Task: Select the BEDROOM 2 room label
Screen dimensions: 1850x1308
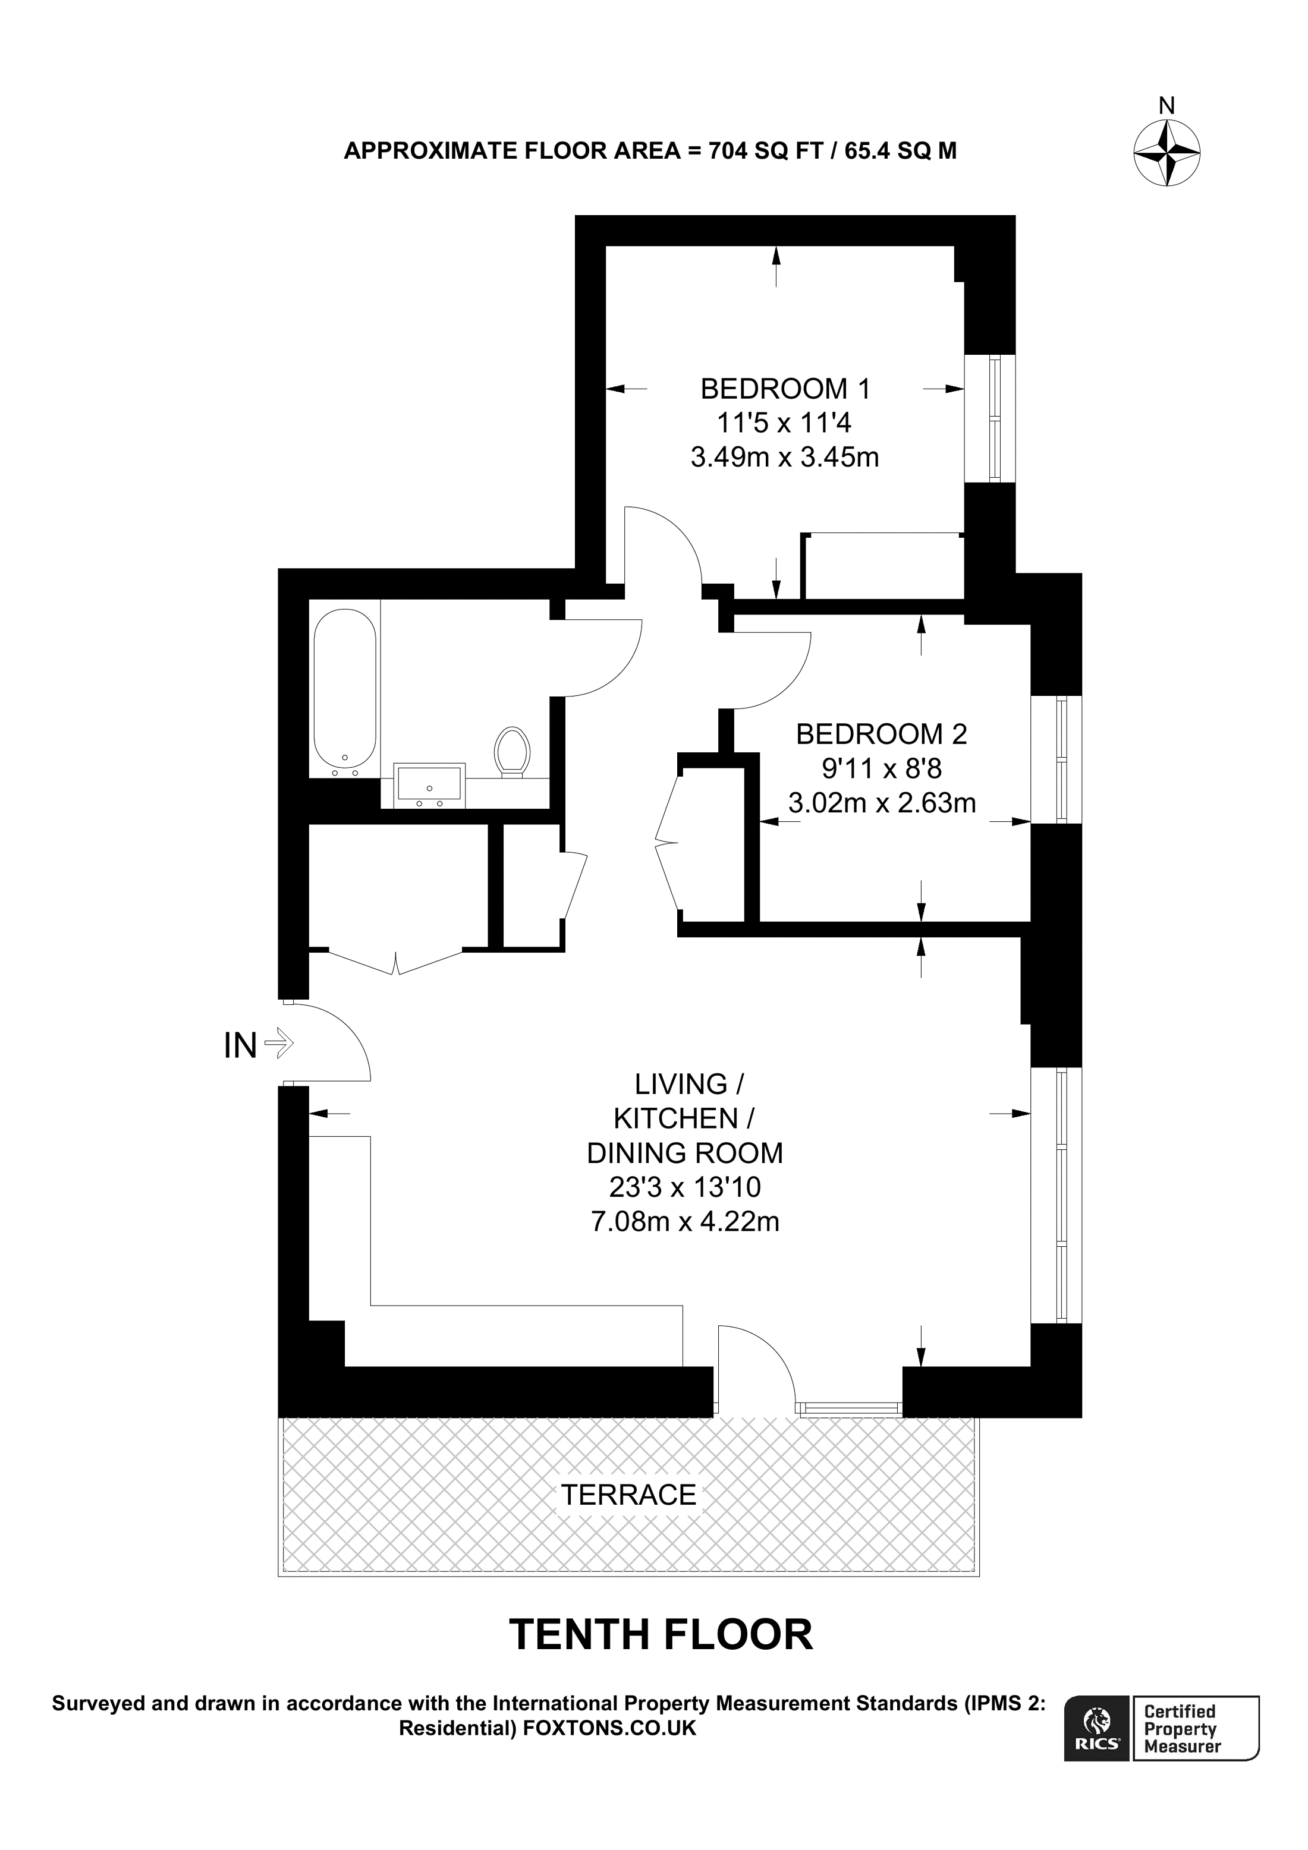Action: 881,734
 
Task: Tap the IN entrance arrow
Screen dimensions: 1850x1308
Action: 279,1045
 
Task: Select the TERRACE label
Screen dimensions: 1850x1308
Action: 628,1495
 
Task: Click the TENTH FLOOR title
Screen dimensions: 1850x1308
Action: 661,1635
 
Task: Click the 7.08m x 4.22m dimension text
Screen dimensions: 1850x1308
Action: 685,1221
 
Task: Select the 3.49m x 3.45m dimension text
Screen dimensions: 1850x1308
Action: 785,458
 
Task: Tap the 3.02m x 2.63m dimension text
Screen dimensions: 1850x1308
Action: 881,802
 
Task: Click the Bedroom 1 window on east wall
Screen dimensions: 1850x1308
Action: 991,420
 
